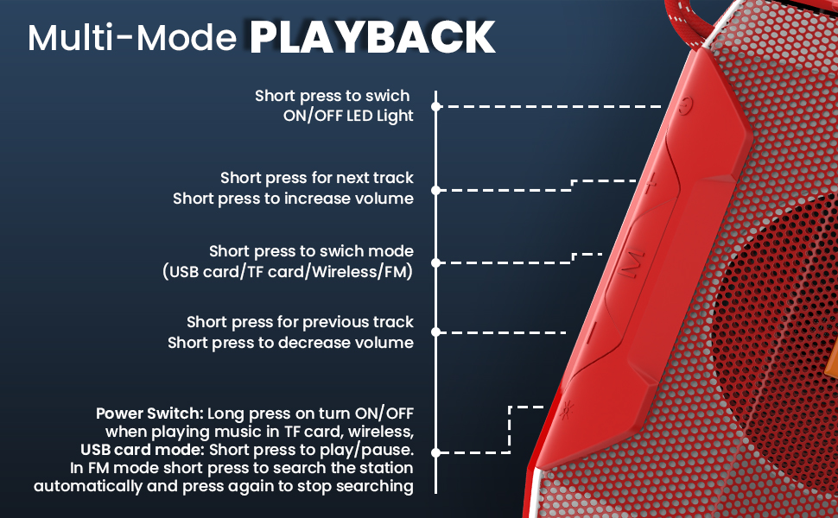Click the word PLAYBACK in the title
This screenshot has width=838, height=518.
tap(372, 37)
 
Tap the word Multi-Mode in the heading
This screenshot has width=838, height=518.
tap(134, 39)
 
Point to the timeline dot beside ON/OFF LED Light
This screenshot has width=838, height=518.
tap(437, 106)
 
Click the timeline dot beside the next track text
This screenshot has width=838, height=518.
tap(437, 189)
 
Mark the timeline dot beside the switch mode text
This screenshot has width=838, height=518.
tap(437, 262)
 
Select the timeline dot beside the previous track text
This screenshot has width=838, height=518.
tap(437, 332)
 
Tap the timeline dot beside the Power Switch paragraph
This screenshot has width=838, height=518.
tap(437, 452)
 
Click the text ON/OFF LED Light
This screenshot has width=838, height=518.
tap(348, 116)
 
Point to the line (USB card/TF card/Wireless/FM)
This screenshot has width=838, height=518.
tap(288, 272)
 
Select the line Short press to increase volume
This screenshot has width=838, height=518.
tap(293, 199)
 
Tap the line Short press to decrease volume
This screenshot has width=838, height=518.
tap(290, 343)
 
